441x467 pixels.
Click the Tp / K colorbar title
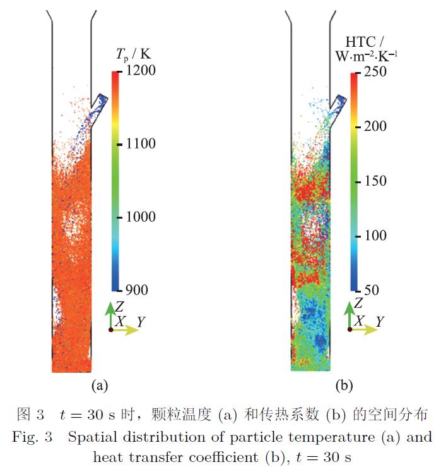point(134,53)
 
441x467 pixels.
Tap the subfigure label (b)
point(343,384)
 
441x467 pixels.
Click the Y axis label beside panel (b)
point(380,322)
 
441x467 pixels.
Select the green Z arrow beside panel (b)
point(349,316)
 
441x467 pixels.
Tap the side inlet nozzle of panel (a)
point(98,101)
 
